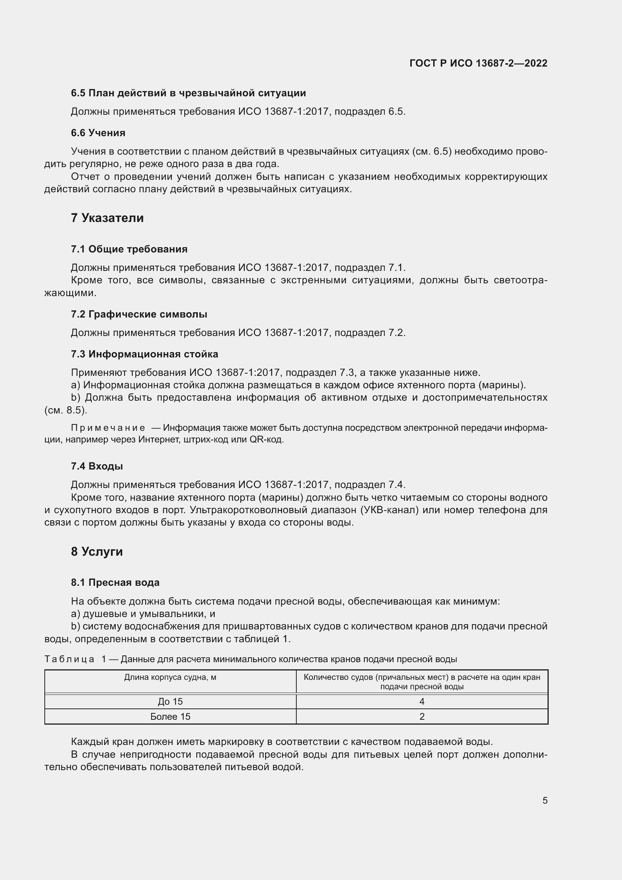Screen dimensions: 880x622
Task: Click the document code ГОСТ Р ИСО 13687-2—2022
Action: pos(478,63)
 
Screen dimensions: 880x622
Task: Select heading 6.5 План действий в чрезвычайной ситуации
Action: pos(188,93)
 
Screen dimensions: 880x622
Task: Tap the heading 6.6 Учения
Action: pos(98,133)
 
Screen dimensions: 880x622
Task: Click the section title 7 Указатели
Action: pos(107,218)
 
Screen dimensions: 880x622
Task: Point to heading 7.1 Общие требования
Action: pos(129,249)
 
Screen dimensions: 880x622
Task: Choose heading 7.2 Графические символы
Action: pos(139,314)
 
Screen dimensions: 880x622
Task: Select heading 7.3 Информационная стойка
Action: pos(144,354)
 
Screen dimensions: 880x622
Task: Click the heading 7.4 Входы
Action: pos(97,467)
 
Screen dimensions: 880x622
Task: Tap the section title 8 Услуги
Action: pos(97,552)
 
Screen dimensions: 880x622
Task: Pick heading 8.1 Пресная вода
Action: pos(115,582)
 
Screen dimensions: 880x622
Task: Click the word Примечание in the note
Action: pos(108,428)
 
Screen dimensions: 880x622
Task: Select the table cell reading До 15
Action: pos(170,701)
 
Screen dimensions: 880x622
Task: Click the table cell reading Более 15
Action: pos(170,716)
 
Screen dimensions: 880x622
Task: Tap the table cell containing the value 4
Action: pos(422,701)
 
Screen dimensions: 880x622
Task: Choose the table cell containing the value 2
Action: pos(422,716)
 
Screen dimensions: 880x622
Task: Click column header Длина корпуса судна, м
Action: pos(170,677)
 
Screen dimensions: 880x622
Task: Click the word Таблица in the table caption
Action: pos(69,659)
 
